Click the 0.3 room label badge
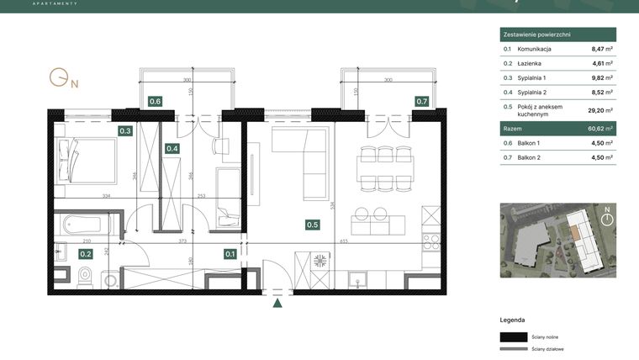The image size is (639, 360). pos(125,130)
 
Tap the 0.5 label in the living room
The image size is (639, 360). pos(312,225)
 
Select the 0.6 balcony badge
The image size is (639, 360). pos(155,102)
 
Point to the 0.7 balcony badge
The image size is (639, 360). pos(422,102)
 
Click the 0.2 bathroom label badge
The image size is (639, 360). pos(86,252)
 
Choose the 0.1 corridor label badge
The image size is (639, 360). pos(230,252)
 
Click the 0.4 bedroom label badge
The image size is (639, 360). pos(172,149)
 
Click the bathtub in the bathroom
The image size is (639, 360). pos(81,225)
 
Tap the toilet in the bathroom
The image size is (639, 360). pos(85,274)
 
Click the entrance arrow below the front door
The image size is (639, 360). pos(278,304)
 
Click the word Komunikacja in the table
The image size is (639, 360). pos(535,50)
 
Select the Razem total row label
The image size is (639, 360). pos(512,129)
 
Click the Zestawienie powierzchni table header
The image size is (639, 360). pos(538,34)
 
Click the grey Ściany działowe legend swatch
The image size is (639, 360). pos(513,348)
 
